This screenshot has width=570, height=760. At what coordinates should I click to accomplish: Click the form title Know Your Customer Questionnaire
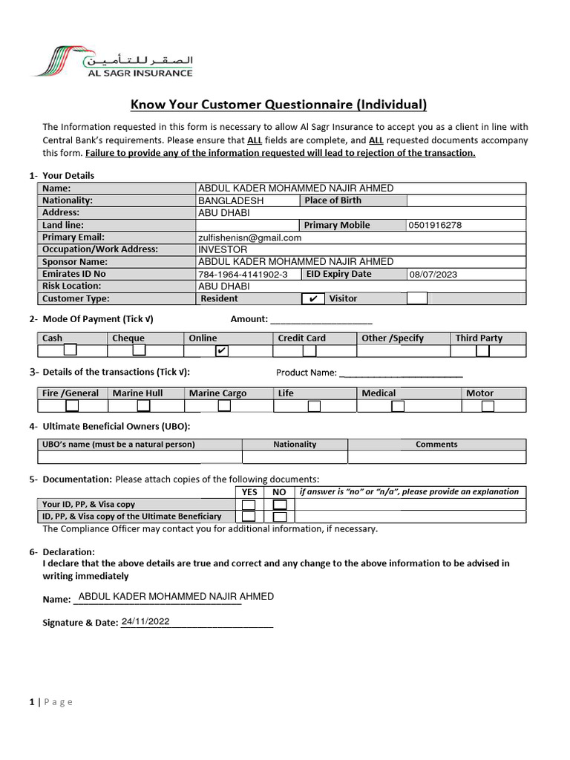279,104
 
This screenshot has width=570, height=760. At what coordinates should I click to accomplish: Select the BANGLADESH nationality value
231,201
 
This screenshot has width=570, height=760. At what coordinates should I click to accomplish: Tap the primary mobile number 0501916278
435,226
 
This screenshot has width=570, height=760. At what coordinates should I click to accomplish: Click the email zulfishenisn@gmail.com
249,237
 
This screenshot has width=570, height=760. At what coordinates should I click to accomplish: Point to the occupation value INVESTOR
222,250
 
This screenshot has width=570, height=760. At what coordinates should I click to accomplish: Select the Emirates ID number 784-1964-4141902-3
242,275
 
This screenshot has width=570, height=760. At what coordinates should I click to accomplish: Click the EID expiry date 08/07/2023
434,275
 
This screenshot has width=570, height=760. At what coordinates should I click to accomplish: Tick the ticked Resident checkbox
313,299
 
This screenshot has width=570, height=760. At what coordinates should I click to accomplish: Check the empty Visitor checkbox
417,298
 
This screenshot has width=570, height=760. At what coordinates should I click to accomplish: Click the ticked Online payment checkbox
221,351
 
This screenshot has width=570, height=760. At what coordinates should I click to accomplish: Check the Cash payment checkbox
70,350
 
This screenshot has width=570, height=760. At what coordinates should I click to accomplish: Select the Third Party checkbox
482,351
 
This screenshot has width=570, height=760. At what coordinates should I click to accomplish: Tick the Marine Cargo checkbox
223,406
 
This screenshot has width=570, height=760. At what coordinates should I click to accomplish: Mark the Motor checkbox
488,406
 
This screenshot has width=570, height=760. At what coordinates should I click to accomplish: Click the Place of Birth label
333,200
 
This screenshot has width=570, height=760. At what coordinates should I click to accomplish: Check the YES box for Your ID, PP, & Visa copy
249,505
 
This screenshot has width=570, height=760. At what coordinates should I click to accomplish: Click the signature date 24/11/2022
146,622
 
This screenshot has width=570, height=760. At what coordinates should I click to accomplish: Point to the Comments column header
436,445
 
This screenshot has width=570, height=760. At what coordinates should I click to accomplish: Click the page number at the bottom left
32,702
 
